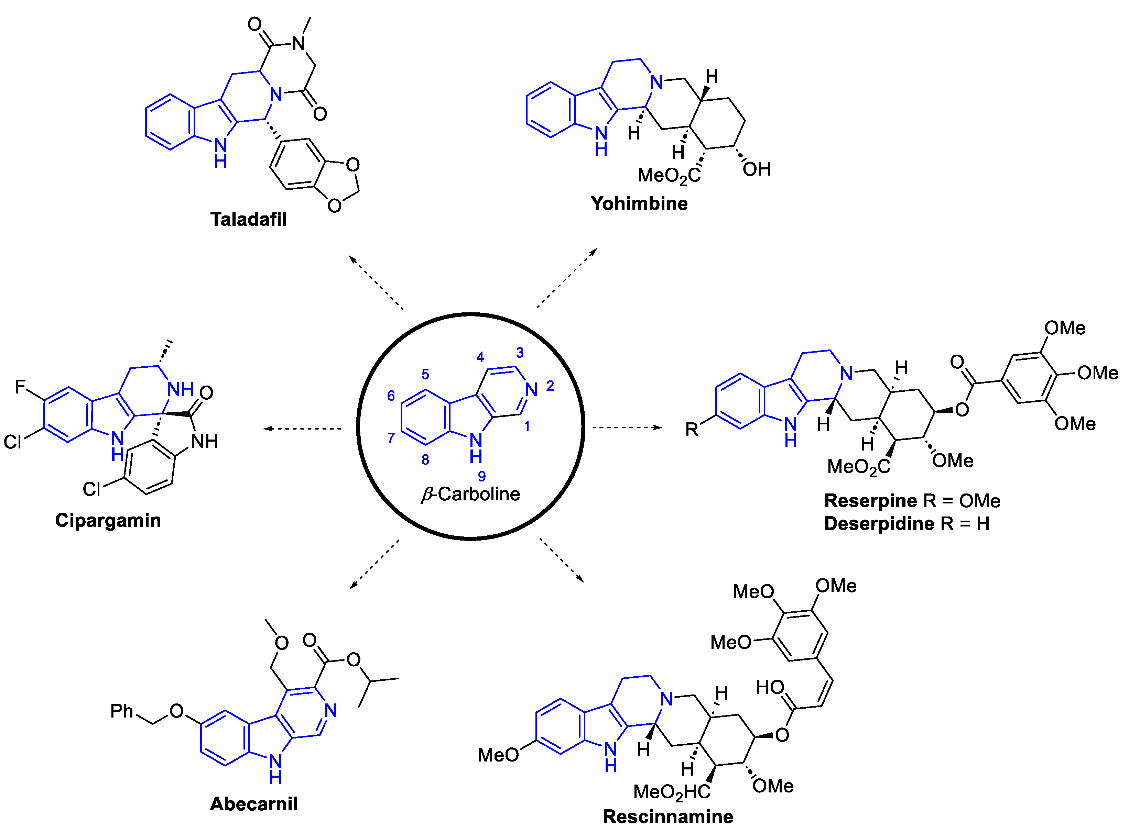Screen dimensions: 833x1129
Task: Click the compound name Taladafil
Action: (x=248, y=219)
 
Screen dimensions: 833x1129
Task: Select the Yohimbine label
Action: (x=639, y=204)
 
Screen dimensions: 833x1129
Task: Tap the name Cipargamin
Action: (x=108, y=520)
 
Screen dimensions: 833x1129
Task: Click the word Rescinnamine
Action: (x=668, y=817)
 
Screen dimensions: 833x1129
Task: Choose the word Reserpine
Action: (x=870, y=501)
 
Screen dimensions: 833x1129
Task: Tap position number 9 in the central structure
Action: (x=482, y=476)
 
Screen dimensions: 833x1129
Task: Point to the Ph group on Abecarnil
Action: (x=122, y=711)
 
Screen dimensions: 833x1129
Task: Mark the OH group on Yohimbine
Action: (x=757, y=169)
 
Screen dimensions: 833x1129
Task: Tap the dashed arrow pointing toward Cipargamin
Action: (x=303, y=429)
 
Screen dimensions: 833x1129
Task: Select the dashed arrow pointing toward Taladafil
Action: (x=376, y=282)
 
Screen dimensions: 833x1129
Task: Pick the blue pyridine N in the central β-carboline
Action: (x=531, y=389)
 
